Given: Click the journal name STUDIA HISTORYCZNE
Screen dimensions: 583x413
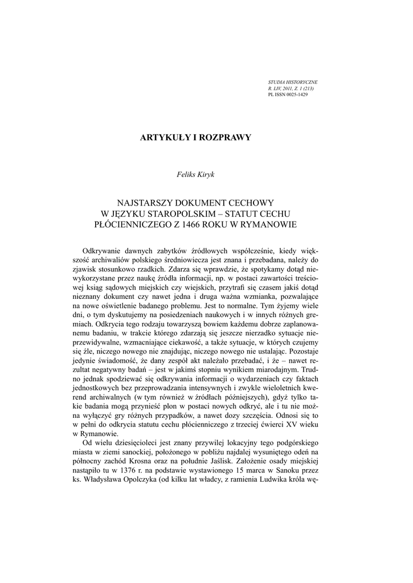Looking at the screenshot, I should point(293,83).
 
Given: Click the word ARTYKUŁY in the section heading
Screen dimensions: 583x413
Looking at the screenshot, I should point(164,138).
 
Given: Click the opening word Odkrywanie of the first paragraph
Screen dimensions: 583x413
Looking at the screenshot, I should point(104,251).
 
